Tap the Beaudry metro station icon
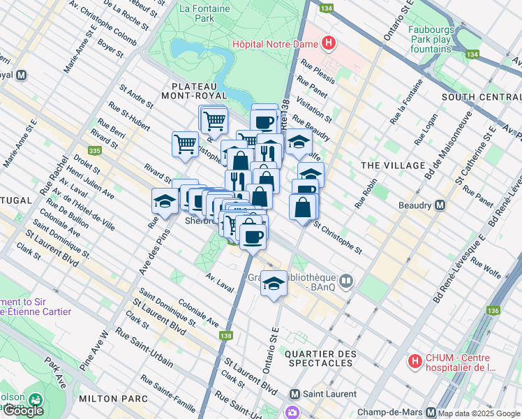click(x=440, y=205)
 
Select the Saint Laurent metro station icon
click(x=294, y=395)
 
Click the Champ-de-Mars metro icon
click(x=431, y=412)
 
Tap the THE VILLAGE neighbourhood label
click(x=393, y=165)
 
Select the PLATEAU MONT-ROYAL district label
click(x=195, y=90)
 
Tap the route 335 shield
click(x=95, y=150)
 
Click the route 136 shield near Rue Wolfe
click(x=494, y=310)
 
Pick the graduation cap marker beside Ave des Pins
click(x=165, y=201)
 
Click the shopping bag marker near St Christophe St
click(x=303, y=207)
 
